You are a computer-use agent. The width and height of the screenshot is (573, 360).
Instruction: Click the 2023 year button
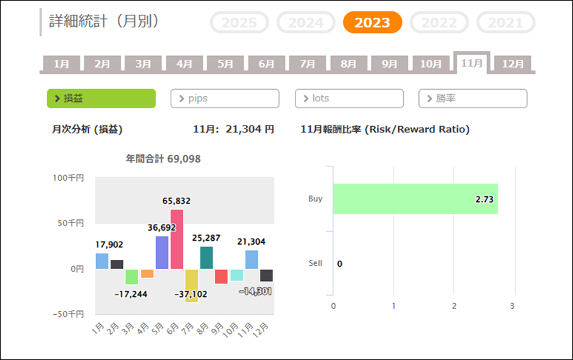point(372,23)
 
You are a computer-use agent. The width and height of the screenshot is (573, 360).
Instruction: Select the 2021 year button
point(506,23)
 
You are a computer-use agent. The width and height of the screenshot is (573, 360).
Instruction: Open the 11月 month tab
point(472,63)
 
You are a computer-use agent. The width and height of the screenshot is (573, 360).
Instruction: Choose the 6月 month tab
point(266,64)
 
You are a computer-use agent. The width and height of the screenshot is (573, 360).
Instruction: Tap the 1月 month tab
point(62,64)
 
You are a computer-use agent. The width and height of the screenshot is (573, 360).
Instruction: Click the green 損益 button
point(101,99)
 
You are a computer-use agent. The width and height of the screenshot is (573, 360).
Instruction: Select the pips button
point(225,99)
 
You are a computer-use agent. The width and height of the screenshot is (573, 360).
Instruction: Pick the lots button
point(349,99)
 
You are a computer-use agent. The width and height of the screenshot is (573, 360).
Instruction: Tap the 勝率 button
point(472,99)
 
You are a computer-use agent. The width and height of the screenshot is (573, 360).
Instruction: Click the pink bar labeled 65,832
point(177,239)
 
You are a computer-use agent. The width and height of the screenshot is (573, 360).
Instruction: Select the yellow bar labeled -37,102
point(192,285)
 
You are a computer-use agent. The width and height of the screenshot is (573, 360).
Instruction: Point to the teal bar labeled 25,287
point(206,257)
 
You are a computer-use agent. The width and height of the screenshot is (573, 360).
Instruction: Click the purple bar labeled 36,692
point(162,252)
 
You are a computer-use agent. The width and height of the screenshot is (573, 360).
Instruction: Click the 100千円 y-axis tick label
point(68,178)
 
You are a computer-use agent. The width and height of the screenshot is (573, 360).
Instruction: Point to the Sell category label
point(315,263)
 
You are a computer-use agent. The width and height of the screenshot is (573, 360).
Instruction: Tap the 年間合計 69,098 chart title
point(163,159)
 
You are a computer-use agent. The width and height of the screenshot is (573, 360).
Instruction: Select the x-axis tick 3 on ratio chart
point(512,306)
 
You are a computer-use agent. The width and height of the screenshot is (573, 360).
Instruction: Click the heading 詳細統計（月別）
point(104,20)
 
